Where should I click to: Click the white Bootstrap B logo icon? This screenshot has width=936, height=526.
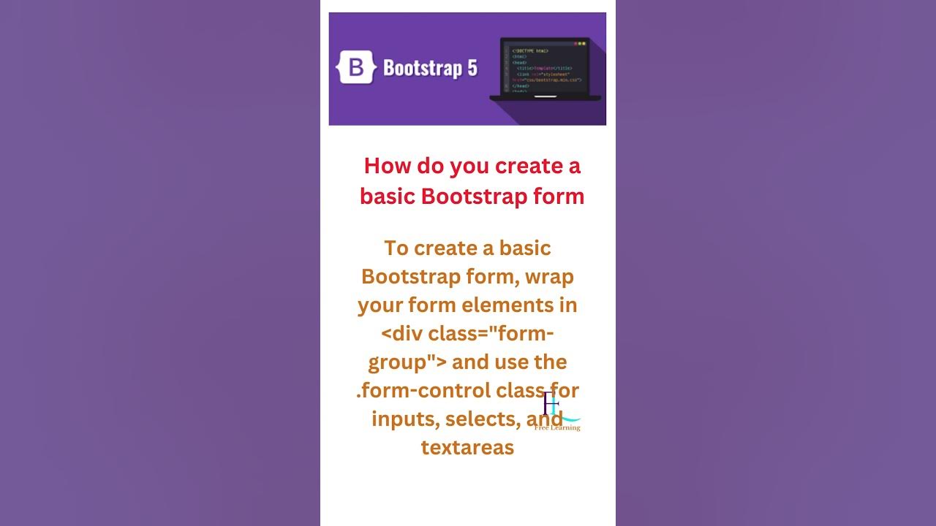[x=356, y=68]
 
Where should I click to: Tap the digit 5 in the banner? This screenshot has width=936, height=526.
[x=471, y=68]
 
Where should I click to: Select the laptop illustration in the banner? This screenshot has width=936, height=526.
[x=546, y=69]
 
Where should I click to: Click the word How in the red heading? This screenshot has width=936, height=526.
[x=388, y=166]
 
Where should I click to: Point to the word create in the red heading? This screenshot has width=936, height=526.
[x=528, y=166]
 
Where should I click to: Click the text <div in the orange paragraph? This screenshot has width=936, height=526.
[x=401, y=333]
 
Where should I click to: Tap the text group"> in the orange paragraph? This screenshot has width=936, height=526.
[x=407, y=362]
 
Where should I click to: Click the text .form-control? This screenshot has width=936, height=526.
[x=423, y=390]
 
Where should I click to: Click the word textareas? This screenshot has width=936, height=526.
[x=467, y=447]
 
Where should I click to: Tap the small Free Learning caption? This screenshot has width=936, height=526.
[x=557, y=427]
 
